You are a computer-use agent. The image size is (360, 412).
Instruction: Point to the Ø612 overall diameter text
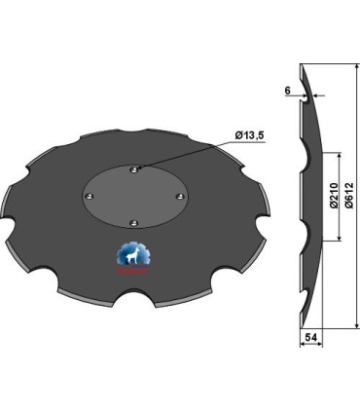349,200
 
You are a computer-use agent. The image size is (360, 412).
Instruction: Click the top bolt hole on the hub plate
133,169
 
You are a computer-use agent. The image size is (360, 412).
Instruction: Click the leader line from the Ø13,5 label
190,151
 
